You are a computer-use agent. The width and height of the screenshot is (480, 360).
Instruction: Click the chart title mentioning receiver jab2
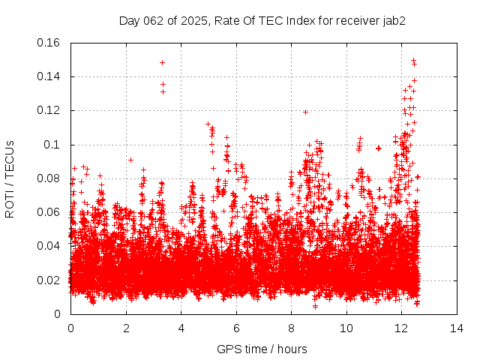click(x=262, y=21)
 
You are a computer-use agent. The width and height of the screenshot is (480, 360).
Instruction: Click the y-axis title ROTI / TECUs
click(x=10, y=178)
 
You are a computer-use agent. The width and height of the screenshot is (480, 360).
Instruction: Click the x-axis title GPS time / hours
click(x=262, y=349)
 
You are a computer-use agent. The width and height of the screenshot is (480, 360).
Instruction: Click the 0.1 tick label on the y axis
click(x=54, y=145)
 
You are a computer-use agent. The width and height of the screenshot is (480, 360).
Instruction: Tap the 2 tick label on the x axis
click(x=126, y=328)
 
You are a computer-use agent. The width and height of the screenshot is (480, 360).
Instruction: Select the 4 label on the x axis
click(x=181, y=328)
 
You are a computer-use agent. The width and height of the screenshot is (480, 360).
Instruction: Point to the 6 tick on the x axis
click(x=236, y=328)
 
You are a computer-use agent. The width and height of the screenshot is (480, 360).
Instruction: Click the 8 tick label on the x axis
click(x=291, y=328)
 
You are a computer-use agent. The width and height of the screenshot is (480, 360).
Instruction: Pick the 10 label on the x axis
click(x=346, y=328)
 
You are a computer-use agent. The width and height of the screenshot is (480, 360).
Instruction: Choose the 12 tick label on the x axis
click(x=401, y=328)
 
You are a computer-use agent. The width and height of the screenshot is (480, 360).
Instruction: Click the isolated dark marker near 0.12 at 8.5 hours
click(x=305, y=112)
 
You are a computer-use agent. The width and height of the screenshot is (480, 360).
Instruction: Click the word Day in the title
click(x=130, y=21)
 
